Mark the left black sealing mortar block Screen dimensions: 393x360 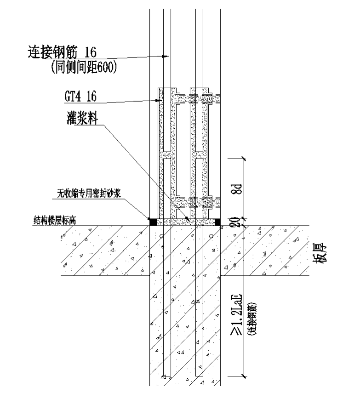[x=152, y=222]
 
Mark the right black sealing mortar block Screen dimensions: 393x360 [x=218, y=222]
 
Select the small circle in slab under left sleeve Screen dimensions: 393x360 [x=161, y=236]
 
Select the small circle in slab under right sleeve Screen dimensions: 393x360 [x=211, y=236]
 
